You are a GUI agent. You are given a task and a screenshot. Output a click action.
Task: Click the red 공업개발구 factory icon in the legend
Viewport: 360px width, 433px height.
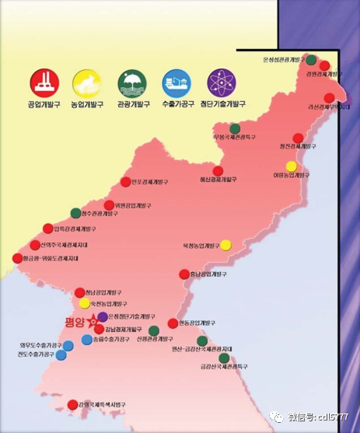43,82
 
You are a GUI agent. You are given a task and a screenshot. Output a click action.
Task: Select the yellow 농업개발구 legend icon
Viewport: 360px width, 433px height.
86,82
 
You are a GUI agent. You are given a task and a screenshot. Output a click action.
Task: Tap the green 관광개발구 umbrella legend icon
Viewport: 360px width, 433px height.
131,82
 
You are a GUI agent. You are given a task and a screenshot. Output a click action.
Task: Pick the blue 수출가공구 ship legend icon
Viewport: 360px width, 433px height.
176,82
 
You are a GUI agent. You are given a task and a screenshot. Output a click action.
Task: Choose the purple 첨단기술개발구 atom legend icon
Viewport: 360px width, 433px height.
222,82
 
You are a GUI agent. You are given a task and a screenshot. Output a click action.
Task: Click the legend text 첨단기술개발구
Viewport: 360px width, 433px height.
222,103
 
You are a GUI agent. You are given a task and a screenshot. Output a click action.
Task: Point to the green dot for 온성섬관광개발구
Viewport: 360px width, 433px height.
311,60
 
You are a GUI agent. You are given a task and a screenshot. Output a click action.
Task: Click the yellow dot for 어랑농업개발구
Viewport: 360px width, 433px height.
291,166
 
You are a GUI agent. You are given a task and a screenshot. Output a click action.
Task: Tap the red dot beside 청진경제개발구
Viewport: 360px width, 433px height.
297,138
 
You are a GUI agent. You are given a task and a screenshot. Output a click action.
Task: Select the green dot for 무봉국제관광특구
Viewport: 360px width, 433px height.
235,128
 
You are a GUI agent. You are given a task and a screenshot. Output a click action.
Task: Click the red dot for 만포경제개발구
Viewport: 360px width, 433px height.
126,182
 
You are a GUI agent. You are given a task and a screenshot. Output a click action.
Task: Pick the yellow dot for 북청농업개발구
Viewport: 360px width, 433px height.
225,245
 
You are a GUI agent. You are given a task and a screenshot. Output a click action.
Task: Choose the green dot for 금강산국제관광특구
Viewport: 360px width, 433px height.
224,358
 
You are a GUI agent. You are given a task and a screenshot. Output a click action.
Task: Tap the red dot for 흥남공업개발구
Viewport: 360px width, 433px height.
184,274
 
